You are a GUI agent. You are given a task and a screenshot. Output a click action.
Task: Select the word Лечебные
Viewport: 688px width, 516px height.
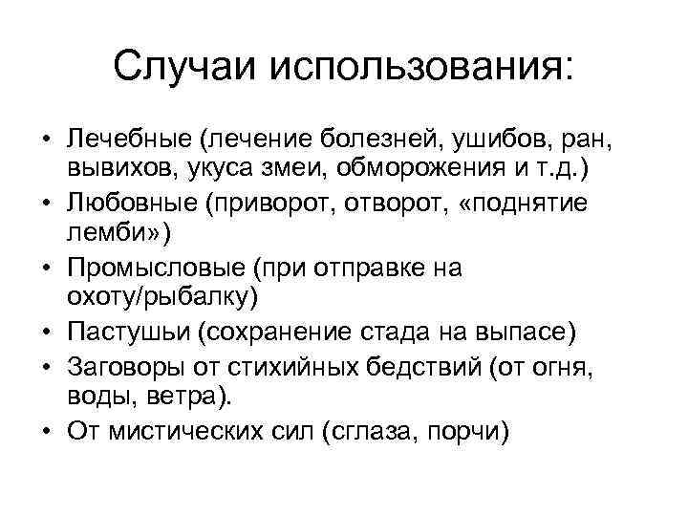(128, 140)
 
